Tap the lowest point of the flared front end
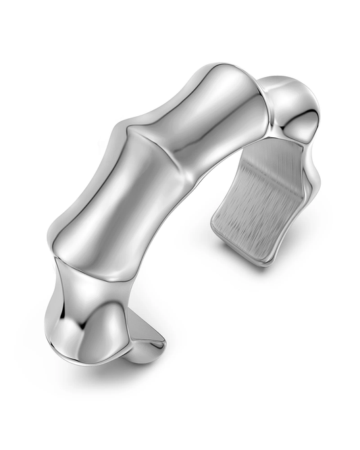(x=101, y=365)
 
